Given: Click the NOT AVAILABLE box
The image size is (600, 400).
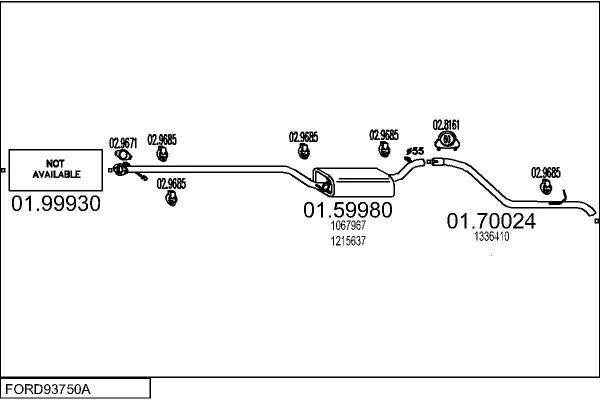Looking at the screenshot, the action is coord(55,170).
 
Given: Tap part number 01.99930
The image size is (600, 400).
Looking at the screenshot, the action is coord(56,204).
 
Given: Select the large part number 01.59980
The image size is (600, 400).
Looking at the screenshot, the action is coord(348,210).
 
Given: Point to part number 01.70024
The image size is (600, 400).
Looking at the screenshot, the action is coord(491,221).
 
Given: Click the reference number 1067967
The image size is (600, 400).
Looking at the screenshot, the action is coord(348,225).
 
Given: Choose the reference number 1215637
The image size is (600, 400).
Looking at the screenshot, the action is coord(348,241).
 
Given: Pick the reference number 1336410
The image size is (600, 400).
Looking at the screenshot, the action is coord(492,237).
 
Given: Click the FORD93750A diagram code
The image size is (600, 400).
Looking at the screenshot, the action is coord(48,389).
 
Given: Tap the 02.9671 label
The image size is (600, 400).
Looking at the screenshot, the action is coord(123,143).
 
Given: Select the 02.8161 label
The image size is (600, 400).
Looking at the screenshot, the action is coord(446,125).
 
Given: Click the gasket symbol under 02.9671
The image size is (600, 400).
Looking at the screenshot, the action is coord(123,155).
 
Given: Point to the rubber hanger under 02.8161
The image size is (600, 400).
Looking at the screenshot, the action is coord(447,141).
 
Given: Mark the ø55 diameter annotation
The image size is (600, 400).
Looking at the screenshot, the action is coord(414,151).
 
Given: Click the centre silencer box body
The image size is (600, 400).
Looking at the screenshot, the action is coord(354,181).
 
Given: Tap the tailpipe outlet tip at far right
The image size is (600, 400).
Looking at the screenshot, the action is coord(593,212).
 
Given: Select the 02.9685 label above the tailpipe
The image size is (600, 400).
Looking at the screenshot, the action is coord(546,173).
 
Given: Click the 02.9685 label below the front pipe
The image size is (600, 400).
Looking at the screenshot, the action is coord(171,184).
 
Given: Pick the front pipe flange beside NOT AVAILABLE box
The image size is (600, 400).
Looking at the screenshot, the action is coord(121,169).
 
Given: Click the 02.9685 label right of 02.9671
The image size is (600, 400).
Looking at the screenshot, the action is coord(162,140).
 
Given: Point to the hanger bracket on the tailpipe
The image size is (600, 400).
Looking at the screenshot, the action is coord(559,198).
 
